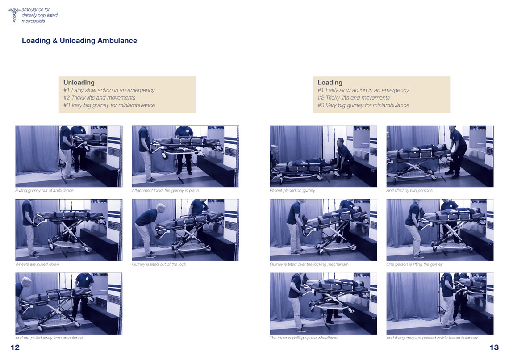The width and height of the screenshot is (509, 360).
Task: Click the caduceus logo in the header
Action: coord(14,15)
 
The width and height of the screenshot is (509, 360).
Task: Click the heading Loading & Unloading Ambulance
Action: coord(79,41)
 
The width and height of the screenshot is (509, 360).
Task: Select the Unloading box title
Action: coord(79,83)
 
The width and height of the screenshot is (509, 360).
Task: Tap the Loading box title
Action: coord(330,83)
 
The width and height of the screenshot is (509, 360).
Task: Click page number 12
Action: coord(15,347)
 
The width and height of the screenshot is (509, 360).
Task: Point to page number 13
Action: coord(494,347)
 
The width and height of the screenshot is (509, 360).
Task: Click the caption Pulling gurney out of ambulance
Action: coord(44,191)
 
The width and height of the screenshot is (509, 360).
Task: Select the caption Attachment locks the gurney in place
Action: coord(165,191)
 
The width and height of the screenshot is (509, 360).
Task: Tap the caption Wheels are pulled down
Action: coord(37,264)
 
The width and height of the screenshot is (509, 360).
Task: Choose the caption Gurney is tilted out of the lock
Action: coord(159,264)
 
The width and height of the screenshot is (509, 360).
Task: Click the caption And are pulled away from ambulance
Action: coord(49,338)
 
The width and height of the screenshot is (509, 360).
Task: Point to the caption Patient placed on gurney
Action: coord(292,191)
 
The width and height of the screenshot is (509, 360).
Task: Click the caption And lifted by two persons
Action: coord(409,191)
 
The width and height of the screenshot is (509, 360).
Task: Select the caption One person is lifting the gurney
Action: coord(414,264)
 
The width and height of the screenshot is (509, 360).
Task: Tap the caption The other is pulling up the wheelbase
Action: coord(303,338)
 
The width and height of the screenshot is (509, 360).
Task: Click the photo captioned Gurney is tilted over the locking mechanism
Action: coord(323,230)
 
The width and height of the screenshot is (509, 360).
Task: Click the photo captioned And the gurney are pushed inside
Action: coord(440,304)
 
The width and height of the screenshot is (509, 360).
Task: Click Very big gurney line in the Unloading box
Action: coord(109,105)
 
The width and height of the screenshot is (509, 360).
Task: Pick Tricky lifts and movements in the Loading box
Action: coord(354,98)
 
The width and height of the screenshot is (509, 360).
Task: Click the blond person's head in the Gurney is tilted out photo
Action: coord(161,207)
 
